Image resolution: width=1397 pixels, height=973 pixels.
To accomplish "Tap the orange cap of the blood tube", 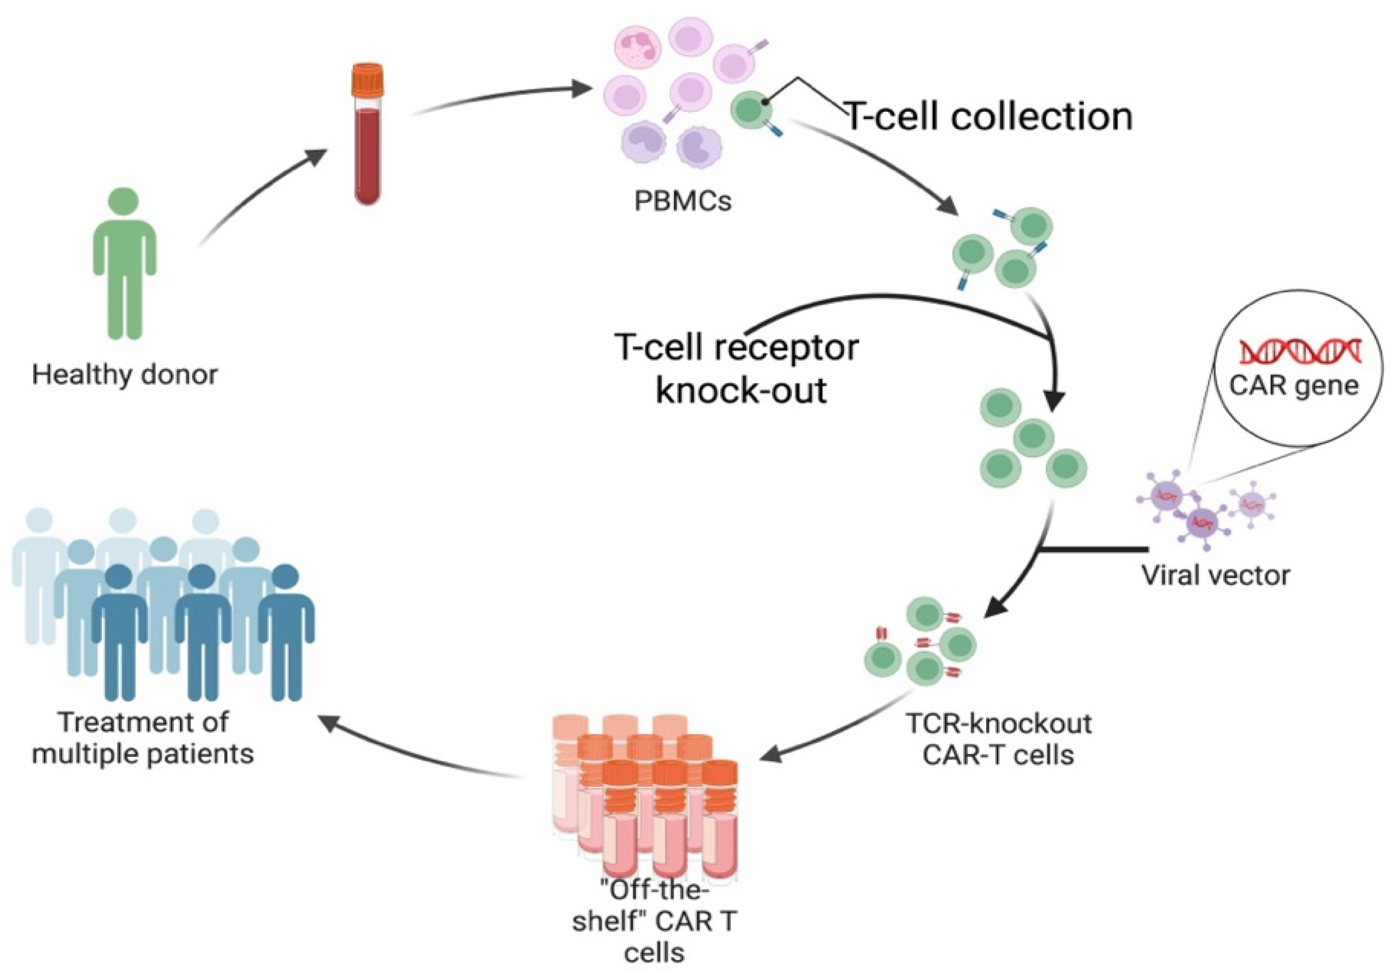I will pyautogui.click(x=367, y=80).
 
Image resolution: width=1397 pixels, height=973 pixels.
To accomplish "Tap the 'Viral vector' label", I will pyautogui.click(x=1215, y=575).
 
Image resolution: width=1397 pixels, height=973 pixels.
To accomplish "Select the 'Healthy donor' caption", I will pyautogui.click(x=124, y=374).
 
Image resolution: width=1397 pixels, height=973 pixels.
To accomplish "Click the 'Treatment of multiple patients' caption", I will pyautogui.click(x=143, y=738).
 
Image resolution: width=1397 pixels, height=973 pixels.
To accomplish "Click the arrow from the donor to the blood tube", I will pyautogui.click(x=262, y=195).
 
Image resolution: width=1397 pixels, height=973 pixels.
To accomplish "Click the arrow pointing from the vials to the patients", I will pyautogui.click(x=420, y=749).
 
